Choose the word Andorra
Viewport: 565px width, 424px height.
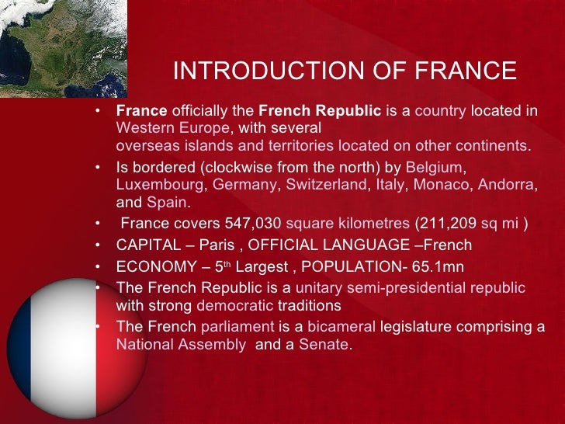click(506, 185)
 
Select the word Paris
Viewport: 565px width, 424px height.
click(217, 245)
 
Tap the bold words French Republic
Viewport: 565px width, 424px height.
click(320, 110)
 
